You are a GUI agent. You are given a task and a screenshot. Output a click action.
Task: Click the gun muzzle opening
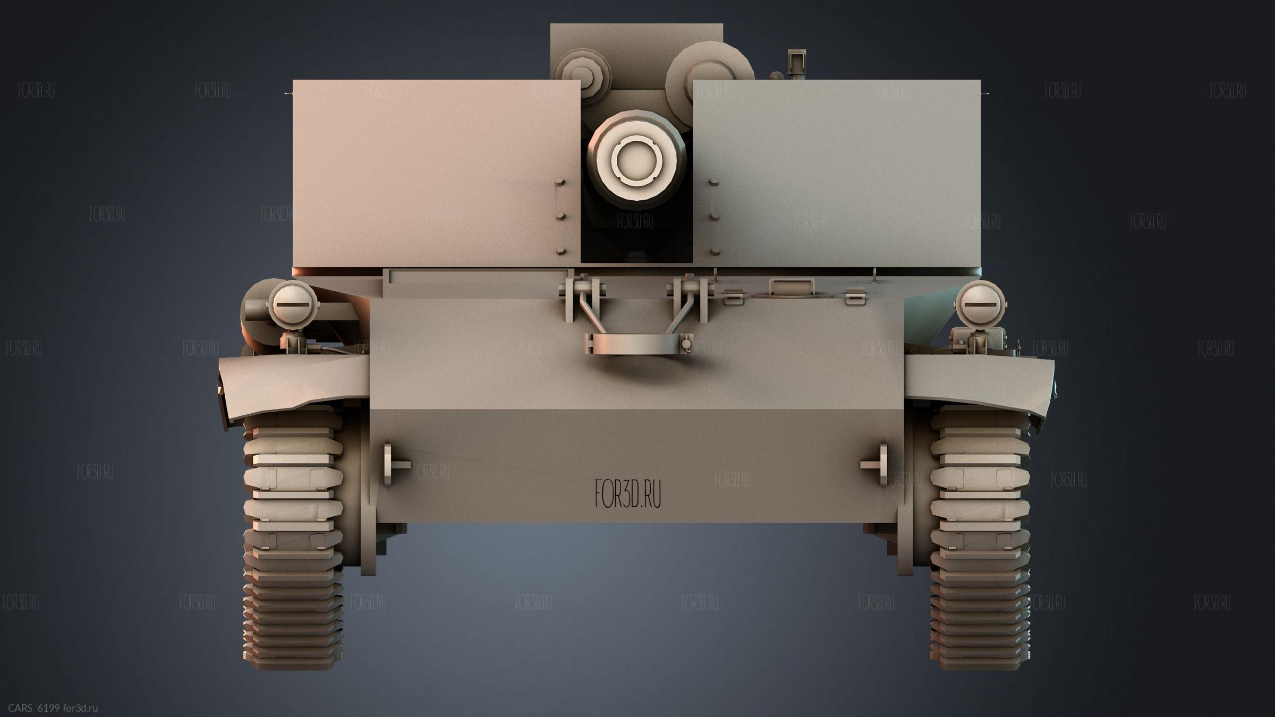636,158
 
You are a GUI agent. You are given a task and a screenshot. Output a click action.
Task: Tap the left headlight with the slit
293,305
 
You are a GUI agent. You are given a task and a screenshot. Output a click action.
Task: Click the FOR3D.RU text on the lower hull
628,494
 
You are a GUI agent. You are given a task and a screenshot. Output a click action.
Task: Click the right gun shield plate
836,173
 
